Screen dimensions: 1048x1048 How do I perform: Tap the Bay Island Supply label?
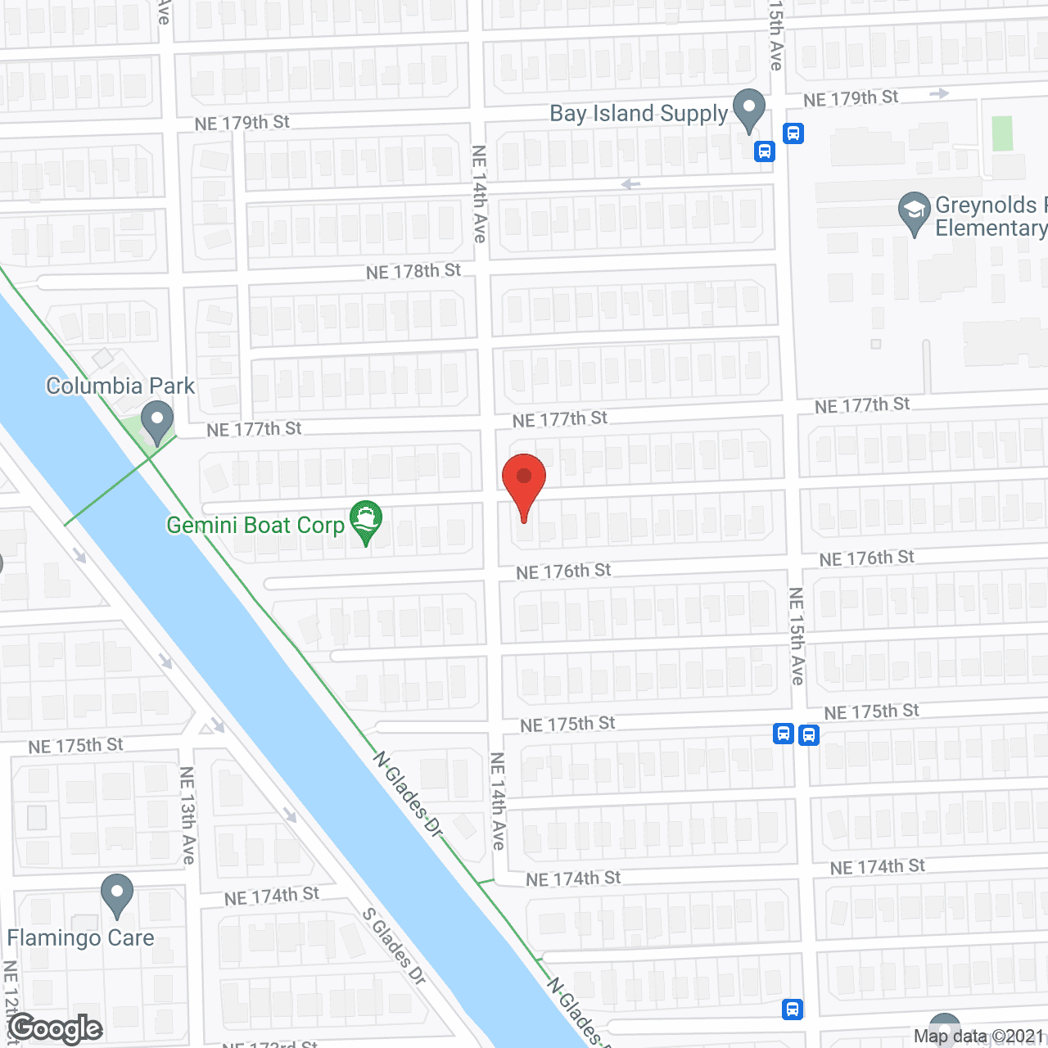(639, 114)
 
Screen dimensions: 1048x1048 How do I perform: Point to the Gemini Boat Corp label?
(255, 526)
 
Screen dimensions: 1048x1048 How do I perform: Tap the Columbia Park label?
(120, 386)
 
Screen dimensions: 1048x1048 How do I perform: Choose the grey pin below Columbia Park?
(156, 422)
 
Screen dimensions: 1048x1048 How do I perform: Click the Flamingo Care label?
(80, 938)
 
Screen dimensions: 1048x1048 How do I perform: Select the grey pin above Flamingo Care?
(117, 896)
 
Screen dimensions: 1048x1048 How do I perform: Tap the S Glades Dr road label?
(394, 946)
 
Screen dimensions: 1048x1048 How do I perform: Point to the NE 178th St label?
(413, 271)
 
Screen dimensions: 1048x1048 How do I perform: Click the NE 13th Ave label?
(187, 815)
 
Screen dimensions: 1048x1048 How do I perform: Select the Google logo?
(56, 1028)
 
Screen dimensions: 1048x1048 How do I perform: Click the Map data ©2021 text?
(979, 1037)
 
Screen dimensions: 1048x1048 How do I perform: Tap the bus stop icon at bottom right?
(793, 1009)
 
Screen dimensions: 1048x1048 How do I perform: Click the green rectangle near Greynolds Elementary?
(1002, 133)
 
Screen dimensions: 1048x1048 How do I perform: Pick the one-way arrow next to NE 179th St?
(939, 93)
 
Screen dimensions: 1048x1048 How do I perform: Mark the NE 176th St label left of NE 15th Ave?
(563, 571)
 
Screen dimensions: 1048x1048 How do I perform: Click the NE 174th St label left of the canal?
(272, 897)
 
